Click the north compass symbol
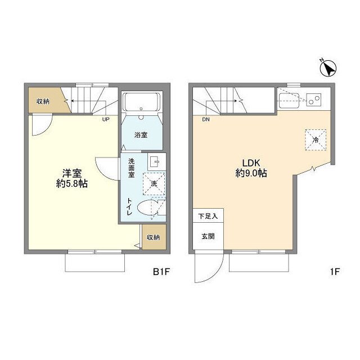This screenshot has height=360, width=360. pyautogui.click(x=328, y=67)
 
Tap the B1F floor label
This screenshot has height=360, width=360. pyautogui.click(x=161, y=272)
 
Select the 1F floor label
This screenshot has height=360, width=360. pyautogui.click(x=335, y=272)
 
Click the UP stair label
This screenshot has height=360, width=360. pyautogui.click(x=106, y=119)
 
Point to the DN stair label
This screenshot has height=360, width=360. pyautogui.click(x=206, y=119)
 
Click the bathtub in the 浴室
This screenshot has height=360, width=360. pyautogui.click(x=141, y=102)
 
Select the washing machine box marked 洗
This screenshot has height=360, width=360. pyautogui.click(x=154, y=184)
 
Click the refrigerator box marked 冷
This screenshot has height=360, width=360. pyautogui.click(x=316, y=140)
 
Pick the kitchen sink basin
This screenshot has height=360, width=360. pyautogui.click(x=289, y=101)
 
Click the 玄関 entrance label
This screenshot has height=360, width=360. pyautogui.click(x=208, y=236)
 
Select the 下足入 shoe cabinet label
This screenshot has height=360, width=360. pyautogui.click(x=208, y=216)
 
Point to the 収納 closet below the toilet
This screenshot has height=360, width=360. pyautogui.click(x=154, y=237)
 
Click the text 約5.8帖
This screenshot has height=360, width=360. pyautogui.click(x=72, y=184)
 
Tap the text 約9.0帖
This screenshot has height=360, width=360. pyautogui.click(x=251, y=173)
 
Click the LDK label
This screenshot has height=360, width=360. pyautogui.click(x=251, y=163)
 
